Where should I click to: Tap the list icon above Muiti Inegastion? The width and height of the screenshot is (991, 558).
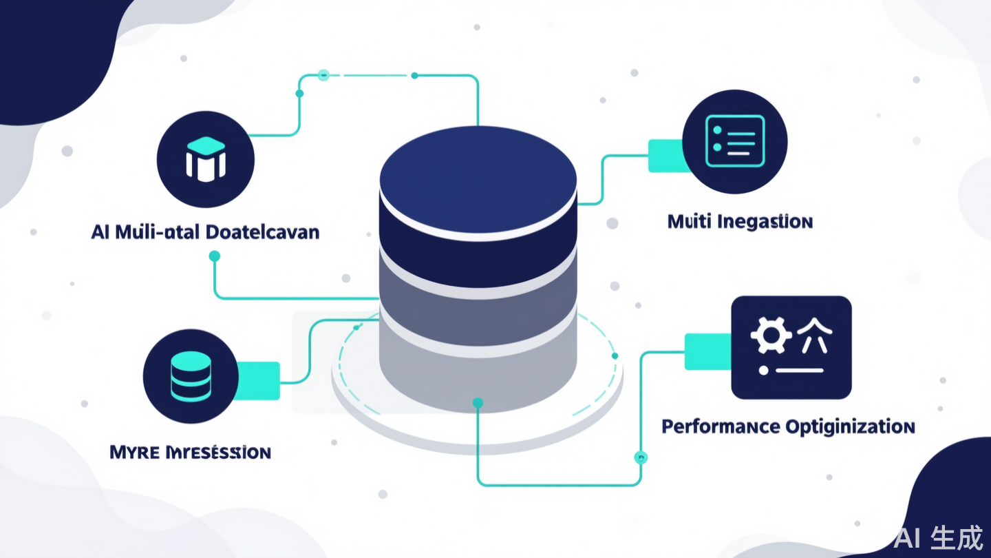coord(734,141)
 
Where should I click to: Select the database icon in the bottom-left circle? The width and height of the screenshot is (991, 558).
coord(190,376)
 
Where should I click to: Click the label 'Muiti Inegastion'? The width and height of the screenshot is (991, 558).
coord(740,222)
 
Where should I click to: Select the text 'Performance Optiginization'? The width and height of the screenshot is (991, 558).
coord(788,426)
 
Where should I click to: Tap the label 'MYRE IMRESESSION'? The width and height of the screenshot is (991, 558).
coord(190,453)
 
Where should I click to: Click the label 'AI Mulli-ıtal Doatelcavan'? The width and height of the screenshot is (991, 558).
coord(205,231)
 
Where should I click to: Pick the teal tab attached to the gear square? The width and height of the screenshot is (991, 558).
coord(707,351)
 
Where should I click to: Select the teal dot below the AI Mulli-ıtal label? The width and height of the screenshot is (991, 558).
coord(214,256)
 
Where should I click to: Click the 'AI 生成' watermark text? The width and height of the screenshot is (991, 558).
coord(938,537)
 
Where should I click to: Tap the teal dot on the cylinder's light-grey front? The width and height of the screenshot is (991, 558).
coord(478,402)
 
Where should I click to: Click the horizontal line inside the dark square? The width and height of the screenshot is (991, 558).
coord(799,370)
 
